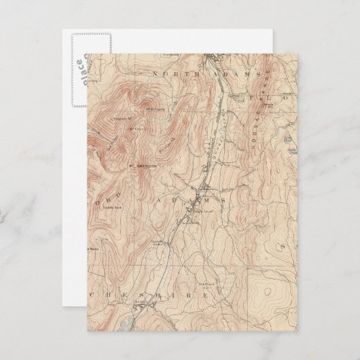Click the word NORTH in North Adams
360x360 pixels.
click(x=175, y=73)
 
